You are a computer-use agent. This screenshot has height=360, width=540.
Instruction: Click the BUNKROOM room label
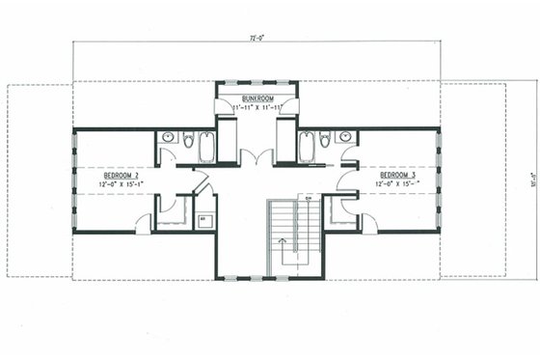(256, 98)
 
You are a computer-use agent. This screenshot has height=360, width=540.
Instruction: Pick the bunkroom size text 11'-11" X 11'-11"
(256, 108)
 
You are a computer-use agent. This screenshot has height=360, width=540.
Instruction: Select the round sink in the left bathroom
(168, 139)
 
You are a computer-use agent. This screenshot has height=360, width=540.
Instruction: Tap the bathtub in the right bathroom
(307, 146)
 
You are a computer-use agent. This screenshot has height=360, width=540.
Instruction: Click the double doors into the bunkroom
(256, 157)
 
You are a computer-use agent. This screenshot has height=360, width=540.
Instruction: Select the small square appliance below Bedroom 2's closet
(203, 221)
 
